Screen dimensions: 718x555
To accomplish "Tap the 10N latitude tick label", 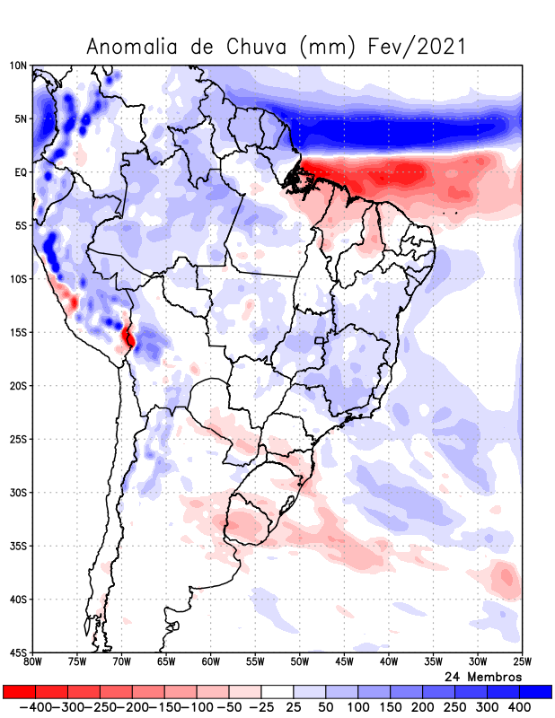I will [18, 66].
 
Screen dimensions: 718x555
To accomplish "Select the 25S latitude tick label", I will [18, 439].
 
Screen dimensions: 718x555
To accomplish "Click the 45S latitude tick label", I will [18, 652].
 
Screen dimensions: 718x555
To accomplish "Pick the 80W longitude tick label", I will [32, 662].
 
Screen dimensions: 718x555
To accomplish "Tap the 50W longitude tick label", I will [299, 662].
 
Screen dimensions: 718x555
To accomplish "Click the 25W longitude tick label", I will [521, 662].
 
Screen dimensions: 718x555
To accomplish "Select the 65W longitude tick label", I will [165, 662].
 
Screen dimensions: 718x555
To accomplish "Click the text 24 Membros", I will [483, 676].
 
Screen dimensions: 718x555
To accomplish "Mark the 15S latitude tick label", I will [18, 332].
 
